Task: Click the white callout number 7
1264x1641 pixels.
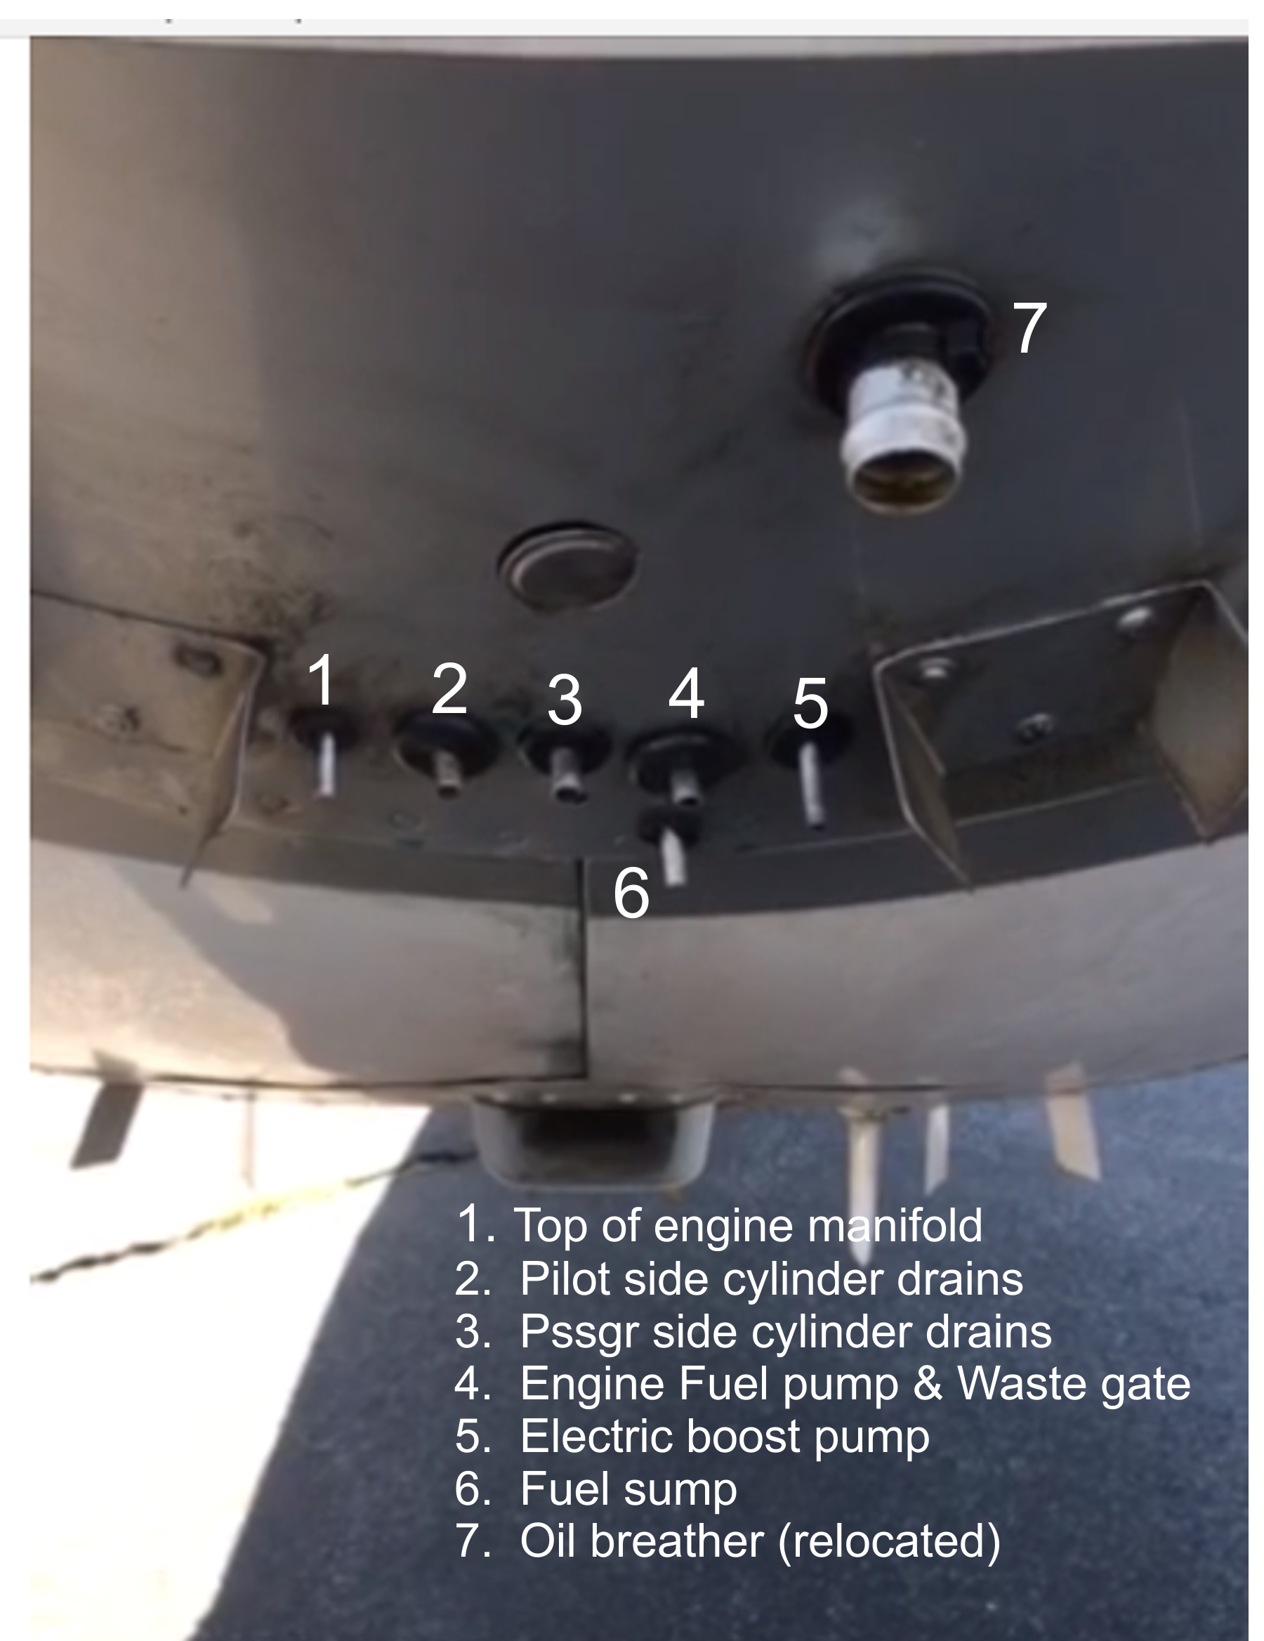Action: tap(1029, 327)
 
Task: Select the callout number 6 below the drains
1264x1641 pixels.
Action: tap(631, 893)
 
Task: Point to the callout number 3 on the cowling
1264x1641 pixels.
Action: tap(565, 700)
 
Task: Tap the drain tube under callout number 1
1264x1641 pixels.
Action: tap(326, 764)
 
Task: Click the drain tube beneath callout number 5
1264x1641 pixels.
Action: tap(812, 785)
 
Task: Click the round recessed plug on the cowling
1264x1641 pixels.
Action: tap(567, 565)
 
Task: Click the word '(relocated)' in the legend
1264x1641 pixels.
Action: tap(889, 1543)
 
